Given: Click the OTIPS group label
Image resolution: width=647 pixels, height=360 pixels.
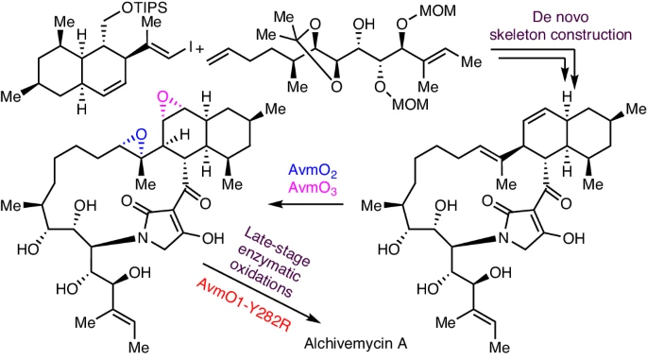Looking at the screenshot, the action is point(143,9).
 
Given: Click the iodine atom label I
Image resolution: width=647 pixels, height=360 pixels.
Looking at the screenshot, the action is point(191,49).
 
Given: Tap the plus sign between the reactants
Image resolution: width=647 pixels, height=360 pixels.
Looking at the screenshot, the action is point(200,50).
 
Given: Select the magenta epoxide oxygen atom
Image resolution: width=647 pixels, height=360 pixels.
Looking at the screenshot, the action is point(163,98).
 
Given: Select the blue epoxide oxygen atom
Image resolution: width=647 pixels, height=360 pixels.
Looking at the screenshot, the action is point(141,134).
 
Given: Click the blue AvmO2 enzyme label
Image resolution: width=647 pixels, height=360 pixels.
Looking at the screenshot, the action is point(313,171).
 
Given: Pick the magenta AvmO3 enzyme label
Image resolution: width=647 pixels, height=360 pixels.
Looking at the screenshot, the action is point(313,188).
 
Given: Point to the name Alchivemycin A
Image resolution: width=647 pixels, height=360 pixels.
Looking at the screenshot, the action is point(356,343).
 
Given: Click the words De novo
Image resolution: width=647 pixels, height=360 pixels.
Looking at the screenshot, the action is point(560,17).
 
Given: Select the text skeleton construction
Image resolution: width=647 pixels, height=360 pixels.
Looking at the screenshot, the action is point(560,35).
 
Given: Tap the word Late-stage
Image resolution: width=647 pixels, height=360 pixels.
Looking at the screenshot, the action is point(277,247).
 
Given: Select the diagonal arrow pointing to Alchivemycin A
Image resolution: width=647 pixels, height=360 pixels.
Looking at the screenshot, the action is point(261,292).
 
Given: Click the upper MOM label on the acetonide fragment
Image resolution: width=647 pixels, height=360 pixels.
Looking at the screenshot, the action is point(438,11).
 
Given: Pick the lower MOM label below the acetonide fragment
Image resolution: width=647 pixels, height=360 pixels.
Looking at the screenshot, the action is point(410,105).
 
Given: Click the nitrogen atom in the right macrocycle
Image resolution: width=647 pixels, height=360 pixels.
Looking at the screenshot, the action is point(503,238).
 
